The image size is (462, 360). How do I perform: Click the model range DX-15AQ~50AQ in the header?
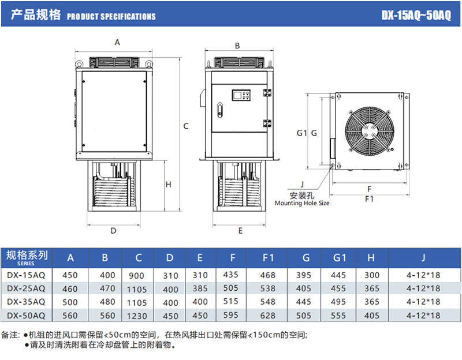click(416, 15)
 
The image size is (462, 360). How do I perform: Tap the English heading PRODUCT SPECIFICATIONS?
click(111, 17)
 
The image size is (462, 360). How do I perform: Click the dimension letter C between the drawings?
click(185, 126)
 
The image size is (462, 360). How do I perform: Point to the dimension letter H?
click(168, 185)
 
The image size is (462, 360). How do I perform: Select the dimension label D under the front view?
click(113, 231)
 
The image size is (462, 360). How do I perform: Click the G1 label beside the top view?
click(301, 133)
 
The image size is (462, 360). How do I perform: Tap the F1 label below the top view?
click(369, 199)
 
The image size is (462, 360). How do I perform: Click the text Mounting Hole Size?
click(302, 203)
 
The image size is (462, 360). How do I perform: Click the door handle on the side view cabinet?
click(220, 110)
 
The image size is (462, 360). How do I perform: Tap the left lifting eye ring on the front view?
click(79, 63)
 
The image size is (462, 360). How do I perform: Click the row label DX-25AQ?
click(26, 288)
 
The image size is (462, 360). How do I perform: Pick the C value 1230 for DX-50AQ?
click(137, 316)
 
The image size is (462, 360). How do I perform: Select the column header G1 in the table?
click(339, 258)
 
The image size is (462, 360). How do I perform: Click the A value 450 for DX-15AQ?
click(70, 275)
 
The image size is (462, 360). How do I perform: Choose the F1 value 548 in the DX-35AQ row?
click(267, 302)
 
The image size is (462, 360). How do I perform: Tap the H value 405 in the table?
click(371, 316)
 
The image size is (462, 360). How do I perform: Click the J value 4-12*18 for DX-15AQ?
click(423, 275)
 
